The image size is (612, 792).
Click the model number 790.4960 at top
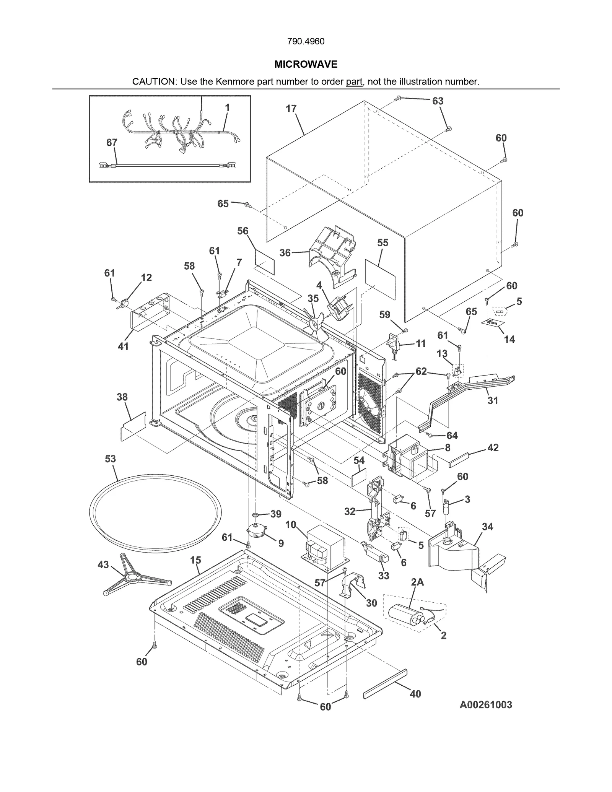coord(306,41)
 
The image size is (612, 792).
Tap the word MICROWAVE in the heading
coord(306,64)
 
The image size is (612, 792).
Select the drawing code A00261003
coord(485,704)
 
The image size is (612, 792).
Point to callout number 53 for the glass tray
coord(110,459)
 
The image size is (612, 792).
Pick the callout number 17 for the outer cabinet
coord(291,109)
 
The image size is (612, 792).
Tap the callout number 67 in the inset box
coord(112,142)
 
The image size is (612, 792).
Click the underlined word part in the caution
coord(354,81)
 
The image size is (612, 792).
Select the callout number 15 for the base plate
coord(195,560)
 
